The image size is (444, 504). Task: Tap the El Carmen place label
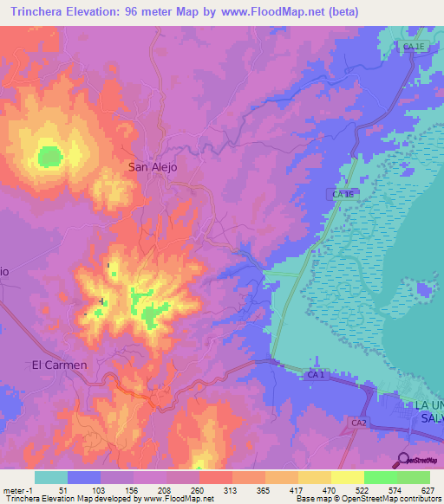tap(59, 365)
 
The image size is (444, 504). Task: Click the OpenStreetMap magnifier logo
tap(403, 459)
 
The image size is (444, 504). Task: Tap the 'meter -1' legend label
tap(16, 489)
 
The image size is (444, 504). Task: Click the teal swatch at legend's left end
tap(51, 477)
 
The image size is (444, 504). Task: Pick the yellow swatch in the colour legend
tap(347, 477)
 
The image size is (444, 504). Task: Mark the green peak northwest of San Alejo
tap(50, 157)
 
